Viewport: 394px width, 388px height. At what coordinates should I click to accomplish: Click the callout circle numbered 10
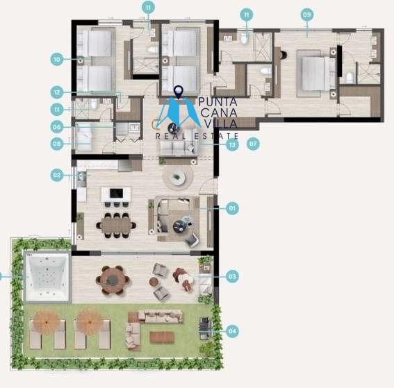57,59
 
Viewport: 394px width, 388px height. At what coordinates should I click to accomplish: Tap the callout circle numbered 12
57,92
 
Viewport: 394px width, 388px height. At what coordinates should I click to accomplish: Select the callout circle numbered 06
57,127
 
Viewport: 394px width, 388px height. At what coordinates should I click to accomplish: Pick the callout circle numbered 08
57,144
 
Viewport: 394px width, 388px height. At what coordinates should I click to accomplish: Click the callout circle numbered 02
57,175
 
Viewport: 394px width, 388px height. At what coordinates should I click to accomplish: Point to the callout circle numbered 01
232,208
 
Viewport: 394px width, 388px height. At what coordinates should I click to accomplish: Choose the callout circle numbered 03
232,276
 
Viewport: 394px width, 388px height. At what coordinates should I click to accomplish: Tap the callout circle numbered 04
232,331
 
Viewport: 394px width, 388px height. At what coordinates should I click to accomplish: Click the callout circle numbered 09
307,15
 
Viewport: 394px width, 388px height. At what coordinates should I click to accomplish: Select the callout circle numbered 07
253,144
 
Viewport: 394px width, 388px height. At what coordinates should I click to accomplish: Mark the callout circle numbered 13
232,144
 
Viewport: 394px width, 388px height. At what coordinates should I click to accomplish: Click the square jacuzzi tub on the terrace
47,277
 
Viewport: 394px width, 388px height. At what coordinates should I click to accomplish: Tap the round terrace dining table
113,280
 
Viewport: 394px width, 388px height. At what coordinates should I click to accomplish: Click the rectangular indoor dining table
116,226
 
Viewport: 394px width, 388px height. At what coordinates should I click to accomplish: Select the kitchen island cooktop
116,193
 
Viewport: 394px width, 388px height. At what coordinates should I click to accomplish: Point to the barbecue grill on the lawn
205,328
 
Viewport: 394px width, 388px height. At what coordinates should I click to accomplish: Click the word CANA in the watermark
219,112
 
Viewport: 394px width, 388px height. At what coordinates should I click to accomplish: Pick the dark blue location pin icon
179,92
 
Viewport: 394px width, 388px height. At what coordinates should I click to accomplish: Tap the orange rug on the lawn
162,337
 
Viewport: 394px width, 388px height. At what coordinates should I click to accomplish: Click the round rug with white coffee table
178,177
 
